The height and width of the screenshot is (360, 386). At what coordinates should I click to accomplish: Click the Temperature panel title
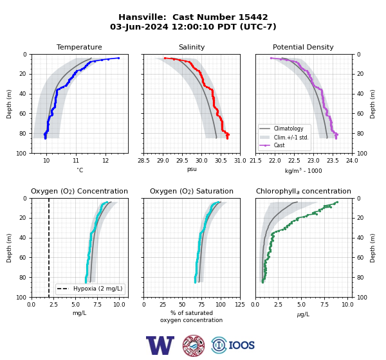[x=79, y=47]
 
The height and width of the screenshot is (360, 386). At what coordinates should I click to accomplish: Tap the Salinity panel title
[x=192, y=47]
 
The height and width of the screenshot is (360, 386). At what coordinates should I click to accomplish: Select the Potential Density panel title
[x=303, y=47]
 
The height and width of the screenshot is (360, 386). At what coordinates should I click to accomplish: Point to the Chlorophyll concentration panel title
[x=304, y=191]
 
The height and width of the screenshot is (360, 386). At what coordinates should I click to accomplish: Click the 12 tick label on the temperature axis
[x=106, y=161]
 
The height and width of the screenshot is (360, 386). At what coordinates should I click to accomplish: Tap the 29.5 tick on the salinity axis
[x=182, y=161]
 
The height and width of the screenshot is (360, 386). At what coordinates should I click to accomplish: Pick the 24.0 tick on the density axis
[x=352, y=161]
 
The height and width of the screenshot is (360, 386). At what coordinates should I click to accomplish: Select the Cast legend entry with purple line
[x=279, y=145]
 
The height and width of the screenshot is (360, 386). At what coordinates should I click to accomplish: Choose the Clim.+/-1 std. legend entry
[x=291, y=137]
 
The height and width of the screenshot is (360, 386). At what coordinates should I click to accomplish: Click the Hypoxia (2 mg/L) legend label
[x=98, y=289]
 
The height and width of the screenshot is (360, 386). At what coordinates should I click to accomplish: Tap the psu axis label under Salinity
[x=192, y=169]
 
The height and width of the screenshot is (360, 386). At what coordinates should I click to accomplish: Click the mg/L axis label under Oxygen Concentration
[x=79, y=313]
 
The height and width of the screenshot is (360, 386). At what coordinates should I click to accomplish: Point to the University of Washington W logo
[x=160, y=345]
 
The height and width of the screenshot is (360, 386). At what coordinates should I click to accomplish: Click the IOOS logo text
[x=241, y=345]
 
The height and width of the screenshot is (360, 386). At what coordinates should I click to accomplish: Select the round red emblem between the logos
[x=194, y=345]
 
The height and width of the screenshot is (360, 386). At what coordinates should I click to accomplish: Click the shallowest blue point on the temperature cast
[x=118, y=58]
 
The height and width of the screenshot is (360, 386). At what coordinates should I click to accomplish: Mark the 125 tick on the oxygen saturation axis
[x=240, y=305]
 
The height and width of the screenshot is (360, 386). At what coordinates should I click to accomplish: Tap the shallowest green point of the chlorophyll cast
[x=337, y=202]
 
